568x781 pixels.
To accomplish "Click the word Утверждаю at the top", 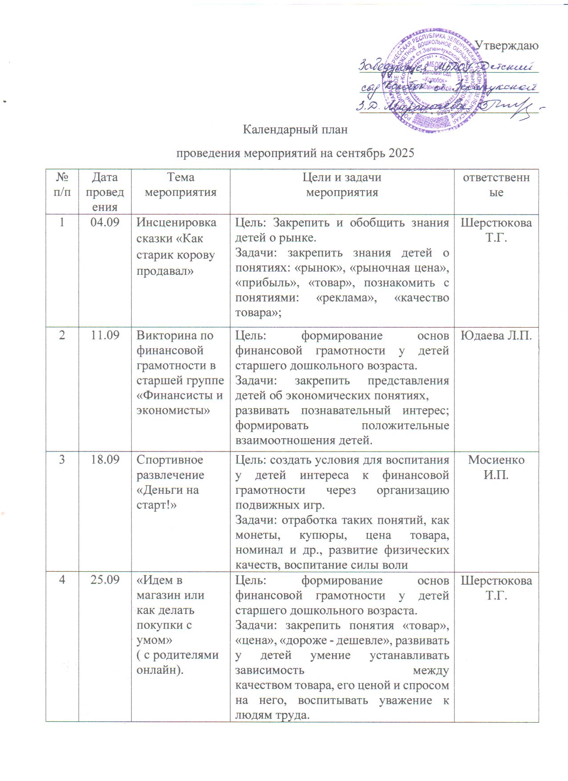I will pos(506,45).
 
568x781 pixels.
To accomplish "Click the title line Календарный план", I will pos(295,130).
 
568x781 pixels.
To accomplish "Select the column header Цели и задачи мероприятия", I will pos(342,185).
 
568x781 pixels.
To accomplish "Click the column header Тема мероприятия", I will pos(180,185).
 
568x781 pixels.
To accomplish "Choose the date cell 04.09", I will pos(105,222).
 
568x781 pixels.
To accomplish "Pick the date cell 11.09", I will pos(105,335).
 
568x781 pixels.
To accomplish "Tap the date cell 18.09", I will pos(105,460).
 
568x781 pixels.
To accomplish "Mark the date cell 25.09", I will pos(105,580).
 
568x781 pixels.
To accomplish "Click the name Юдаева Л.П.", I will pos(496,335).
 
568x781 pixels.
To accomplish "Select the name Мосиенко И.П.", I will pos(496,467).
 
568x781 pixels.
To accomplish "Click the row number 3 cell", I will pos(62,460).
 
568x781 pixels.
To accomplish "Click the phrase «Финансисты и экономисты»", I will pos(180,403).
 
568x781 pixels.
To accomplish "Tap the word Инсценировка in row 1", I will pos(176,222).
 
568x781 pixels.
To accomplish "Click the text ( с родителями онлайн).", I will pos(177,663).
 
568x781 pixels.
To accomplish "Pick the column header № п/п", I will pos(62,185).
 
